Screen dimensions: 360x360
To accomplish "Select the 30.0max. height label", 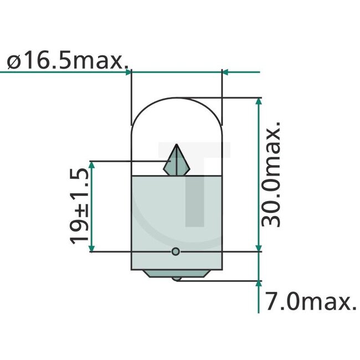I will (271, 174).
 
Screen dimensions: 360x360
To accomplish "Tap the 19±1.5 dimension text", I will (79, 206).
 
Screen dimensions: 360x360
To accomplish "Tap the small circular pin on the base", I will (176, 251).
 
